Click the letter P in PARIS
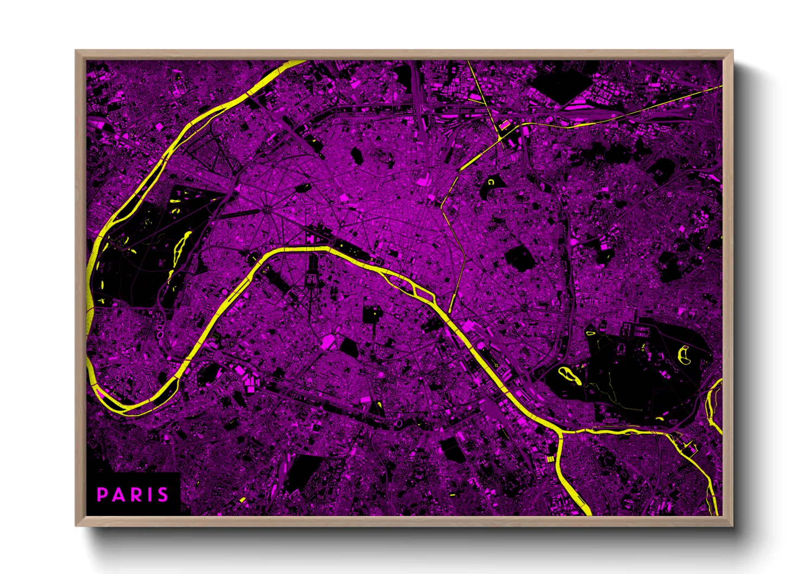point(102,495)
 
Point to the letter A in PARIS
point(117,495)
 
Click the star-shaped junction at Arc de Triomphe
point(267,208)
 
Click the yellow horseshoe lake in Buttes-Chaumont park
point(491,183)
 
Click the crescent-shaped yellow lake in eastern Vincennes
point(683,355)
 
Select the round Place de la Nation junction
point(524,307)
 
